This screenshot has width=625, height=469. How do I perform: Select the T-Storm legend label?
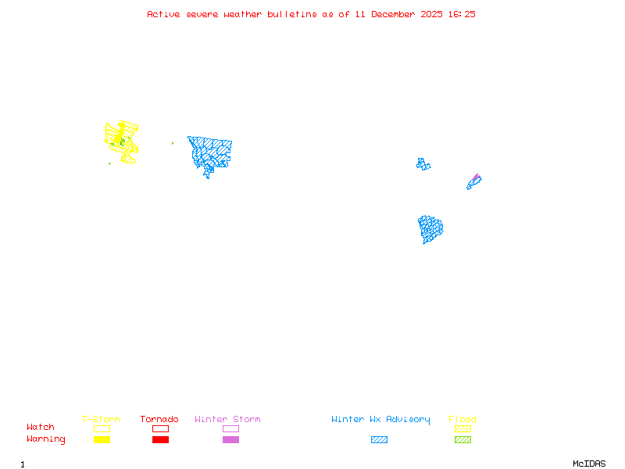coord(101,420)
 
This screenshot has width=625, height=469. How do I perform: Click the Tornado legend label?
coord(159,420)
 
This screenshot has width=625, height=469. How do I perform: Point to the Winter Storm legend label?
coord(227,420)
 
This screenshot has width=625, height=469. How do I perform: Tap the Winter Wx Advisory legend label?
coord(380,420)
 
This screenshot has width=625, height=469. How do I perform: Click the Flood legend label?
coord(462,420)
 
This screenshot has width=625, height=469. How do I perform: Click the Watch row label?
coord(41,428)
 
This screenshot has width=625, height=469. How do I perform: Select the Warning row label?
coord(46,439)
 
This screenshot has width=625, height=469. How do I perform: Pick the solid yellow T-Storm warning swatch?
coord(102,440)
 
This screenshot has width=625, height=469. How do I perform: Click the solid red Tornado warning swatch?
coord(160,440)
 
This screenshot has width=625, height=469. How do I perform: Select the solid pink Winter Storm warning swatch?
coord(230,440)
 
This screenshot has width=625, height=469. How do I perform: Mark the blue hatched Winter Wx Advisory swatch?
coord(379,440)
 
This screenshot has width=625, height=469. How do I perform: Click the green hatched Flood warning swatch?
coord(462,440)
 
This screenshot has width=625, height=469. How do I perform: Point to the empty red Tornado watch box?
coord(160,428)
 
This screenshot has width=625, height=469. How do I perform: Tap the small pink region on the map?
coord(476,177)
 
